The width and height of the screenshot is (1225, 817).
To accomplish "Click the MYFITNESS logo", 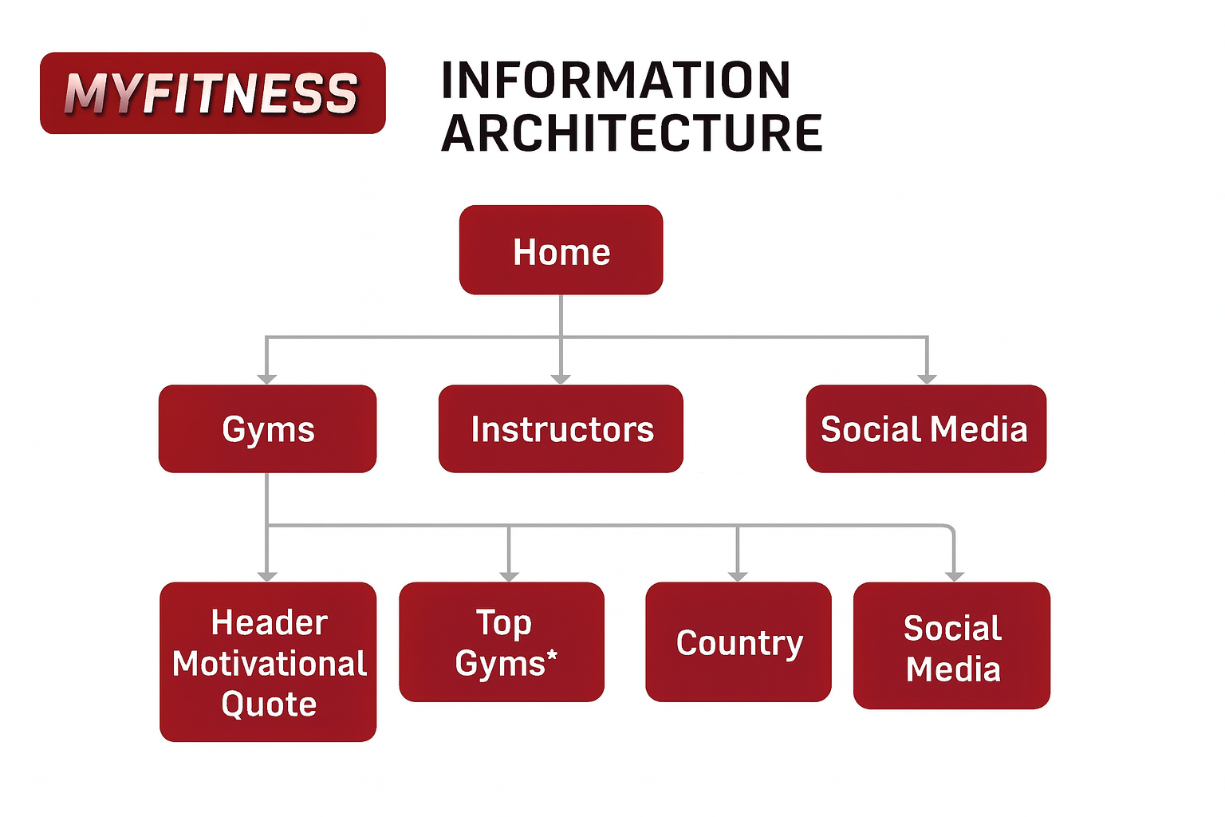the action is pos(212,93).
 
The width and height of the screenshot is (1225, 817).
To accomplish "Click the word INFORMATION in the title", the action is pos(615,81).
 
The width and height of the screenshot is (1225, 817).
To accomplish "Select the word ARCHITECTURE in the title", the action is pos(631,133).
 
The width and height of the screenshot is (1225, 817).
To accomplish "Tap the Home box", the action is pos(561,251).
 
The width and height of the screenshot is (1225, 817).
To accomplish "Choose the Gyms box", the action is pos(267,429).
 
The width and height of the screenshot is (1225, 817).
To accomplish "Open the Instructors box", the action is pos(561,429).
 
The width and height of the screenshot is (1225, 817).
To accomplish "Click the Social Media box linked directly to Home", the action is pos(925,429).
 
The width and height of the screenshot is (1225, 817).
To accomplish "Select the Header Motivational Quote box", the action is pos(268,662).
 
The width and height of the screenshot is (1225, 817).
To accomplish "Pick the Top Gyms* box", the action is pos(502,642).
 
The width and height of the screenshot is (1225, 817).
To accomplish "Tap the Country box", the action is pos(739,642).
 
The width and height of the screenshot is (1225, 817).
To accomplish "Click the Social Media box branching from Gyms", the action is pos(951,646).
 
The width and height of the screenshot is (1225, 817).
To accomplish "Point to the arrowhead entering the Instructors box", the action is pos(561,378).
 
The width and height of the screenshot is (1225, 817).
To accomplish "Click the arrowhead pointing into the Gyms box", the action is pos(267,378).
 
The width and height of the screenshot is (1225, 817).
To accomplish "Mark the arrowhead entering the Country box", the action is pos(738,575).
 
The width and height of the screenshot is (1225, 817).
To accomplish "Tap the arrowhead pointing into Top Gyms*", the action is pos(509,575).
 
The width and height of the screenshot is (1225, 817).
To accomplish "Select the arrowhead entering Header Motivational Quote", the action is pos(267,575).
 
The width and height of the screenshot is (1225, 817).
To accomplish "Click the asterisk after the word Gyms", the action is pos(552,657).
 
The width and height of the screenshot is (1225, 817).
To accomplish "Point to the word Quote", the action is pos(269,705).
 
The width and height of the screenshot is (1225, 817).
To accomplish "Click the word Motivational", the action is pos(270,664).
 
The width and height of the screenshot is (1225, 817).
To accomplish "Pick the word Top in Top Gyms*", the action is pos(503,622).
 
